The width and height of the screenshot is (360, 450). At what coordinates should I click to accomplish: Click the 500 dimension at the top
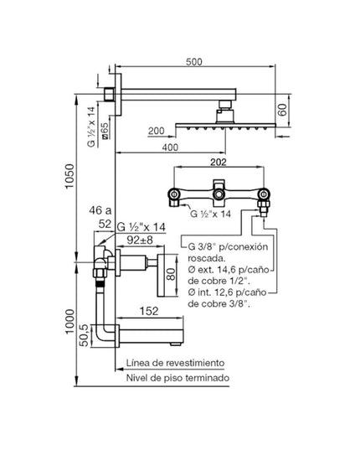(194, 62)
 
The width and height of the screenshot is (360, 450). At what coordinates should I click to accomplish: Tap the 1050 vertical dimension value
(70, 176)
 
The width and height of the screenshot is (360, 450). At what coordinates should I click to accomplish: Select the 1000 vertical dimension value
(70, 322)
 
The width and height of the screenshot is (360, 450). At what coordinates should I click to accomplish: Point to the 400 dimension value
(170, 147)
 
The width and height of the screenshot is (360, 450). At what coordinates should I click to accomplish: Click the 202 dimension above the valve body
(219, 162)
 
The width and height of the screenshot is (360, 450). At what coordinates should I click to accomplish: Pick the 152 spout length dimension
(149, 311)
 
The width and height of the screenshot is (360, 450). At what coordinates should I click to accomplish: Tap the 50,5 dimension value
(84, 335)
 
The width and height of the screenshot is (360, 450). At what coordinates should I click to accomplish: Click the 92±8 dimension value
(140, 240)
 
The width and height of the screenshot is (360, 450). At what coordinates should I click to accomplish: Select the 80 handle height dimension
(171, 274)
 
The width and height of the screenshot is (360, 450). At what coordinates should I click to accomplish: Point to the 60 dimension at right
(283, 110)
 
